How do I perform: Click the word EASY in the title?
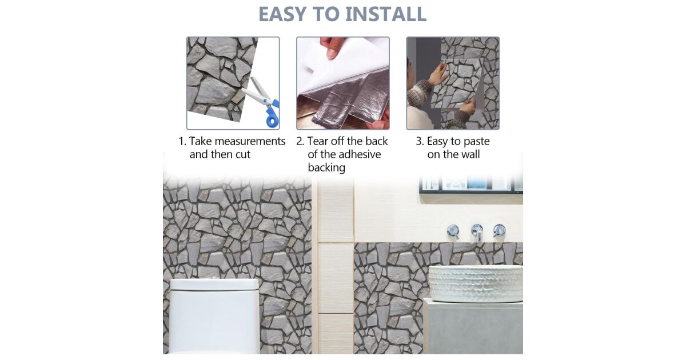282,14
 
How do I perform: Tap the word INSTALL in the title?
386,14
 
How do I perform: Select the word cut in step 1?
243,154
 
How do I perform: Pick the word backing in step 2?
326,168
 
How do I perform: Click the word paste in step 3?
477,142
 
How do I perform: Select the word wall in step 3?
470,154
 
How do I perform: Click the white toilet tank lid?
214,285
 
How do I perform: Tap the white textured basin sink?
475,284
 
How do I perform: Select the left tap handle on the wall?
453,231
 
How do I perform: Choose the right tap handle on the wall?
499,230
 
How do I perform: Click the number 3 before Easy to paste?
418,142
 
